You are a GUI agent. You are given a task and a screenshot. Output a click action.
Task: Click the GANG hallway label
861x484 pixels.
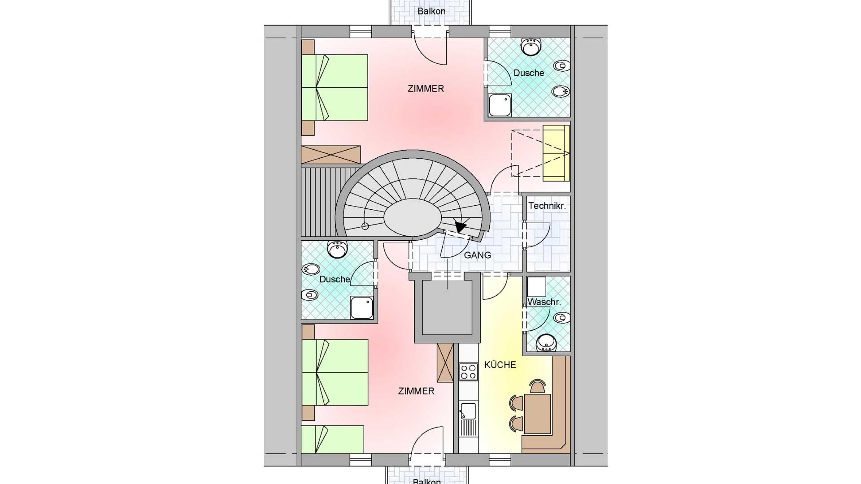coord(477,255)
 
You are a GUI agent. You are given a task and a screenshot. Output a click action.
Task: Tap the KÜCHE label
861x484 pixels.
coord(500,365)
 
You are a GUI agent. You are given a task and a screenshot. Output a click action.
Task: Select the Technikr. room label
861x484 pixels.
coord(547,206)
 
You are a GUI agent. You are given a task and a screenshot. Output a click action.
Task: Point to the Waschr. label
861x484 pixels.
coord(544,302)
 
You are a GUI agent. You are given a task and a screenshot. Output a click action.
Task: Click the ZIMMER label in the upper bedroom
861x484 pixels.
coord(426,89)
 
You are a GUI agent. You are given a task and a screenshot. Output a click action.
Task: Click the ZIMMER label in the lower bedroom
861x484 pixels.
coord(416,391)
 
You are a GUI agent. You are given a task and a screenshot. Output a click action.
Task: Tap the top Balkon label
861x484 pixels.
coord(432,11)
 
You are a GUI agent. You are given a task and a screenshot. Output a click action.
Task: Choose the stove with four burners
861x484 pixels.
coord(469,372)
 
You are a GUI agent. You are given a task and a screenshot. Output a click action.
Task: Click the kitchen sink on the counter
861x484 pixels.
coord(468,411)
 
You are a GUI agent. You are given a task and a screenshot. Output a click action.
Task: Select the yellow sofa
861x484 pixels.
coord(556,153)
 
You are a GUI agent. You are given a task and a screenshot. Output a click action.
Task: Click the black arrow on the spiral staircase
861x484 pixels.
coord(460,227)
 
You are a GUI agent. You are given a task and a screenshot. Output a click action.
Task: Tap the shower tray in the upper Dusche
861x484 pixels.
coord(500,105)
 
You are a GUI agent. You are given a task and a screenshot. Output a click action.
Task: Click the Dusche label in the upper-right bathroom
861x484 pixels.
coord(529,73)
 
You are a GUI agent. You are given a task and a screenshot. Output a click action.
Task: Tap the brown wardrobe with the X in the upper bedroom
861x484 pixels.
coord(331,155)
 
